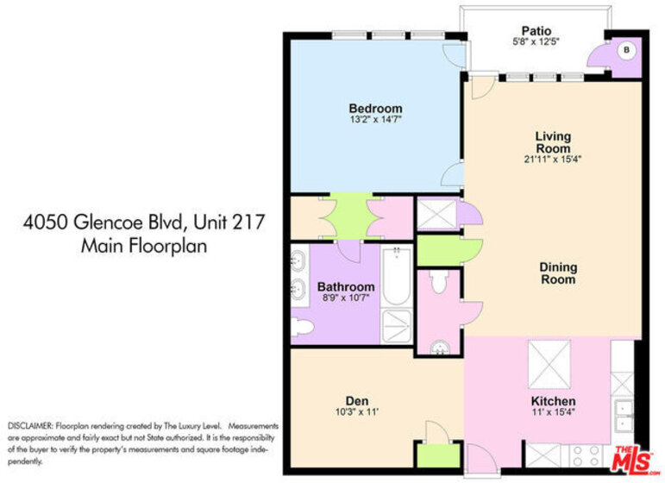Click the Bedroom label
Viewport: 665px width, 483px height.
pos(375,108)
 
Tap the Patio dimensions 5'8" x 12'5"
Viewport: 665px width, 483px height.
pos(536,42)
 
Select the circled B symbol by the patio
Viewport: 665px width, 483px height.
pos(626,50)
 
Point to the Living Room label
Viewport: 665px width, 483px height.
pos(553,142)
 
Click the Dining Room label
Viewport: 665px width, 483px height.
pos(558,273)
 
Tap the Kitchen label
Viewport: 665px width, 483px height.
pos(553,401)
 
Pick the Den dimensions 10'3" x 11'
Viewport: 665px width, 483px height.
pos(357,411)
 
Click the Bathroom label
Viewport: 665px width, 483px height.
pos(346,286)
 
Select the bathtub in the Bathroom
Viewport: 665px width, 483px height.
pos(397,276)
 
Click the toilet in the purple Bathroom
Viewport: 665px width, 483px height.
pos(303,327)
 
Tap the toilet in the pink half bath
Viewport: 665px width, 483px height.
pos(438,281)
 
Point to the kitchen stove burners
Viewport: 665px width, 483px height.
pos(587,456)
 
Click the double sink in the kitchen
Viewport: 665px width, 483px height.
pos(623,416)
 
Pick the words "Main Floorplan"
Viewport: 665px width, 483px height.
pos(144,246)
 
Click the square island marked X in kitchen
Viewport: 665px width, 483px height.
pos(549,365)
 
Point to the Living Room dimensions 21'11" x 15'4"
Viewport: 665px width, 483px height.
pos(552,160)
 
